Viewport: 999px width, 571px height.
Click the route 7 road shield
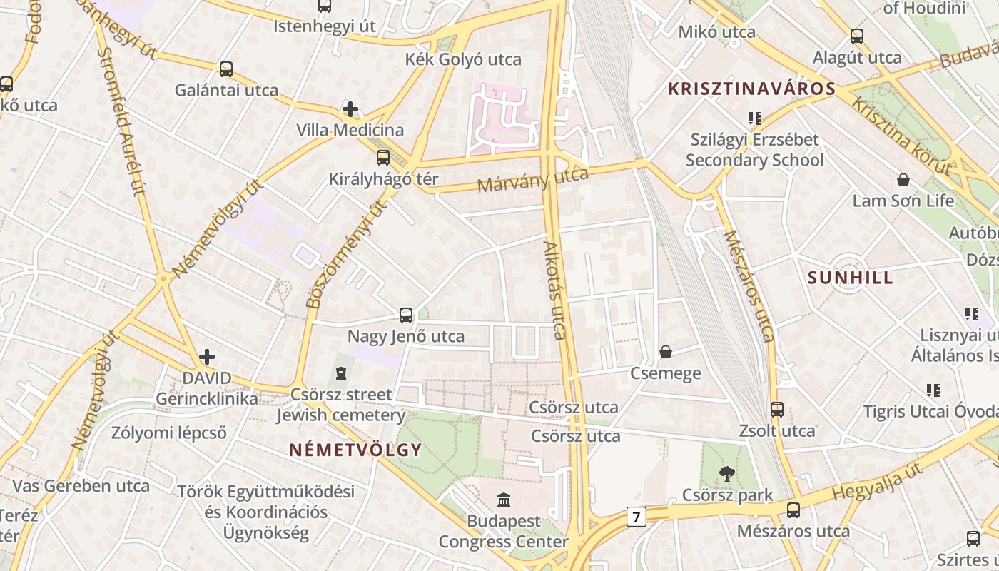click(x=637, y=516)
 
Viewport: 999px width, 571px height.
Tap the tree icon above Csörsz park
click(x=727, y=473)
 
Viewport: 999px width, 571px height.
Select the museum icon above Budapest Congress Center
click(x=504, y=499)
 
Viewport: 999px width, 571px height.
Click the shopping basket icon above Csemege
click(x=666, y=351)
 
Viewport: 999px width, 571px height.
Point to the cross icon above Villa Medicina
click(x=350, y=109)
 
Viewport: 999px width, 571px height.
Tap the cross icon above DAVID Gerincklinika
click(x=207, y=356)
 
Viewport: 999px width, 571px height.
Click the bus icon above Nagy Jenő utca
click(x=406, y=315)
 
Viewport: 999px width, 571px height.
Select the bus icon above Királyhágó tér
click(x=383, y=158)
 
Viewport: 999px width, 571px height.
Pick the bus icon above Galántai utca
click(x=226, y=69)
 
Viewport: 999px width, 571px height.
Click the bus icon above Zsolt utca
click(x=777, y=410)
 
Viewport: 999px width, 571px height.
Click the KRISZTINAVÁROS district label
click(x=751, y=89)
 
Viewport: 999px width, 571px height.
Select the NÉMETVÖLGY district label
click(x=355, y=450)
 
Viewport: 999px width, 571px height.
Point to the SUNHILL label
click(x=850, y=278)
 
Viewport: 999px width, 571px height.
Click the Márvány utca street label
click(x=532, y=180)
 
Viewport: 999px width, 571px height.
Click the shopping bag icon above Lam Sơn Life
click(x=903, y=179)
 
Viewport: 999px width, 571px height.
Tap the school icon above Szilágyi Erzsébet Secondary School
click(x=754, y=118)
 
